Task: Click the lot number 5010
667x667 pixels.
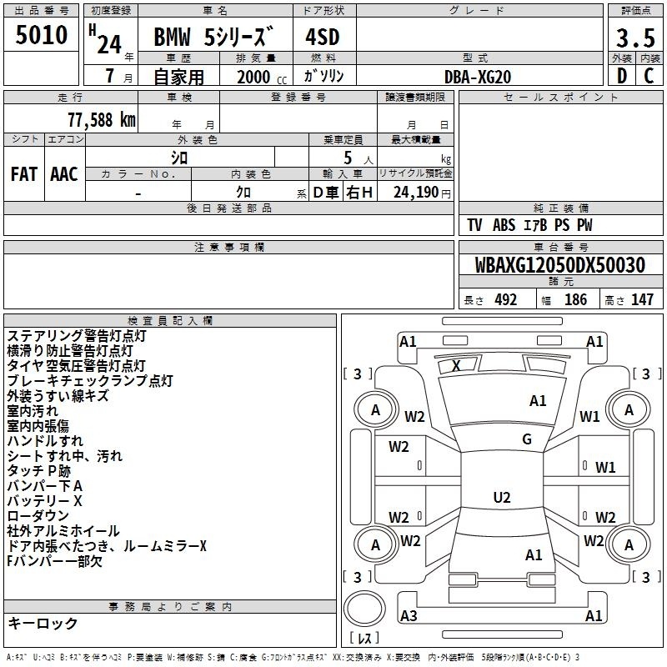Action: click(x=41, y=35)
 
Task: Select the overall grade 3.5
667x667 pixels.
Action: click(x=635, y=38)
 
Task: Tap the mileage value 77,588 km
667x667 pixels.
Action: click(x=102, y=120)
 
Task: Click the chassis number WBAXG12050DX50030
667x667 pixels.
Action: click(x=559, y=265)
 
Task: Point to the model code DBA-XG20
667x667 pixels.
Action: click(x=477, y=77)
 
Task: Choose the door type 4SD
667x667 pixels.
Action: click(x=323, y=37)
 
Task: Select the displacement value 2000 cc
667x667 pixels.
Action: click(x=262, y=77)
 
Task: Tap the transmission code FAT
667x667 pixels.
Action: click(x=24, y=174)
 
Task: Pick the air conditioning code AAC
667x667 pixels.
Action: click(x=64, y=174)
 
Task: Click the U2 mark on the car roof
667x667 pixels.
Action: click(x=502, y=497)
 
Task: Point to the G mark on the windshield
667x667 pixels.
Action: click(x=527, y=439)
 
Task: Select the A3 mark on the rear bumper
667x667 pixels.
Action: click(x=409, y=615)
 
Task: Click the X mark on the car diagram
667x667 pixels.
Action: click(x=456, y=365)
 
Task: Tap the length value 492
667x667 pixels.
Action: click(x=505, y=300)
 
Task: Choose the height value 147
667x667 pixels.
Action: click(x=642, y=300)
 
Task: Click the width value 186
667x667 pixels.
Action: click(x=575, y=300)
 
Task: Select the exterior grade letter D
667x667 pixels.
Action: click(x=622, y=76)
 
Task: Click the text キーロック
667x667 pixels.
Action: click(x=43, y=623)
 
